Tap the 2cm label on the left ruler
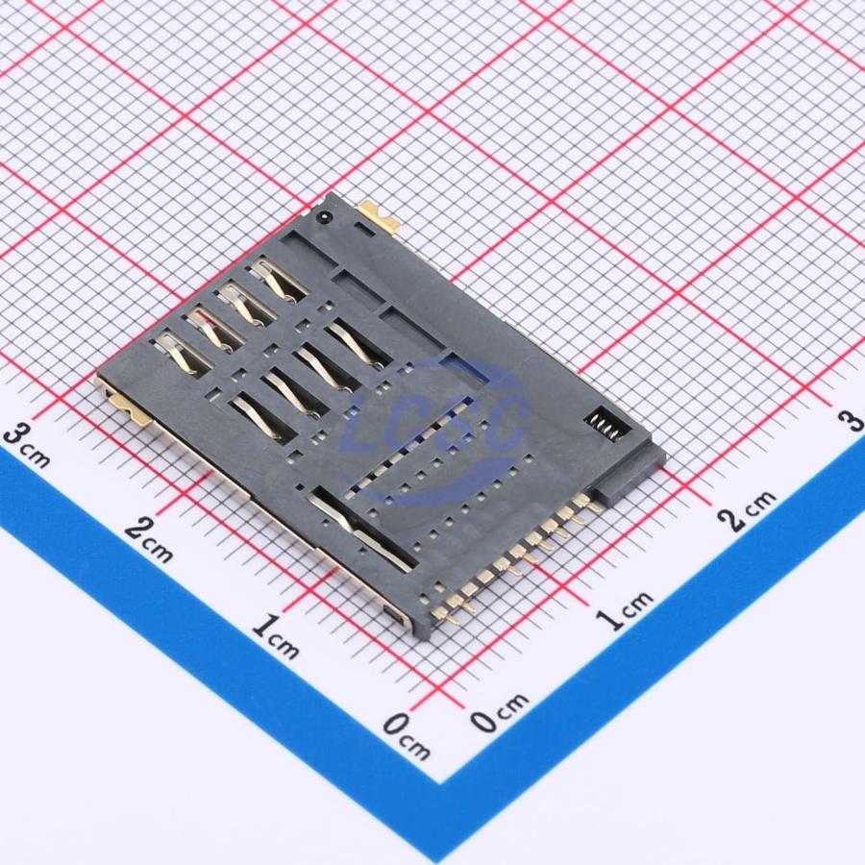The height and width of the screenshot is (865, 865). click(x=149, y=540)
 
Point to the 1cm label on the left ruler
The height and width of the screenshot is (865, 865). click(x=276, y=637)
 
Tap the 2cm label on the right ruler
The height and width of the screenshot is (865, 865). click(x=748, y=511)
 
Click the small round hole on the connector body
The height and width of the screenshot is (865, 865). click(x=324, y=217)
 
